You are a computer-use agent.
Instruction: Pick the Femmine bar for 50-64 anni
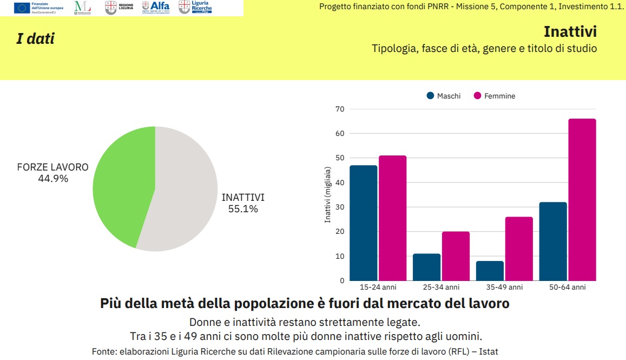582,200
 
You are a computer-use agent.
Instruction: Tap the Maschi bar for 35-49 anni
490,271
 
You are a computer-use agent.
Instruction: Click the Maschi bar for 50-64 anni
553,241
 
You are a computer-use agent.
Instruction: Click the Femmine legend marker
477,96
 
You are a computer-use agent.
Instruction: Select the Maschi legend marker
431,96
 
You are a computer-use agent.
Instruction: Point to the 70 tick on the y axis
340,109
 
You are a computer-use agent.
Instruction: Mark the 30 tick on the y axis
340,207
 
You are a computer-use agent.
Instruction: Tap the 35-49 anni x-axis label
504,287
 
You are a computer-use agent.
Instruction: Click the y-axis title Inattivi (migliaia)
327,195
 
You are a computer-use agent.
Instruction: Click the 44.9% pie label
53,179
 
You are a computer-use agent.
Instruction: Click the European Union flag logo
22,8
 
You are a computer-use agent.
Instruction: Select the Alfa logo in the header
156,7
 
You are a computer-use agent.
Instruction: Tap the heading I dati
35,39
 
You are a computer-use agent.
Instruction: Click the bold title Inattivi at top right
570,31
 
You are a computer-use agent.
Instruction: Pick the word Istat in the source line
487,351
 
